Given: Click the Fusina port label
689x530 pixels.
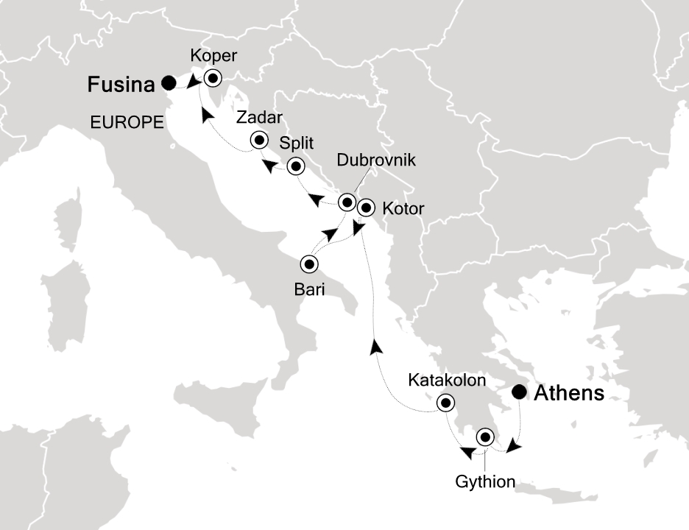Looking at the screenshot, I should pos(121,85).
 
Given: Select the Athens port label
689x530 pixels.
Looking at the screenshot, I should pos(568,394).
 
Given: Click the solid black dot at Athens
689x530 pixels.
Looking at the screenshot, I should pos(520,392).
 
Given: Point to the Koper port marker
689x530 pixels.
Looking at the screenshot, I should pos(213,77).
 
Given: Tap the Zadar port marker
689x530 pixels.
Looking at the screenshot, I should pos(259,140).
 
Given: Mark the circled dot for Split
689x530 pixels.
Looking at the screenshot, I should pos(296,166).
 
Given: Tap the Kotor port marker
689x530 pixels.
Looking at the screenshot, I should pos(365,208).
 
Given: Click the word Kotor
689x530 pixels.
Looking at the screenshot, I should pos(403,209).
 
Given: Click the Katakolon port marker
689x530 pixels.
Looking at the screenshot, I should pos(445,403).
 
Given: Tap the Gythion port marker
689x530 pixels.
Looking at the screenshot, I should pos(485,437).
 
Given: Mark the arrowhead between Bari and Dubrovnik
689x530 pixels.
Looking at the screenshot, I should pos(331,235).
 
